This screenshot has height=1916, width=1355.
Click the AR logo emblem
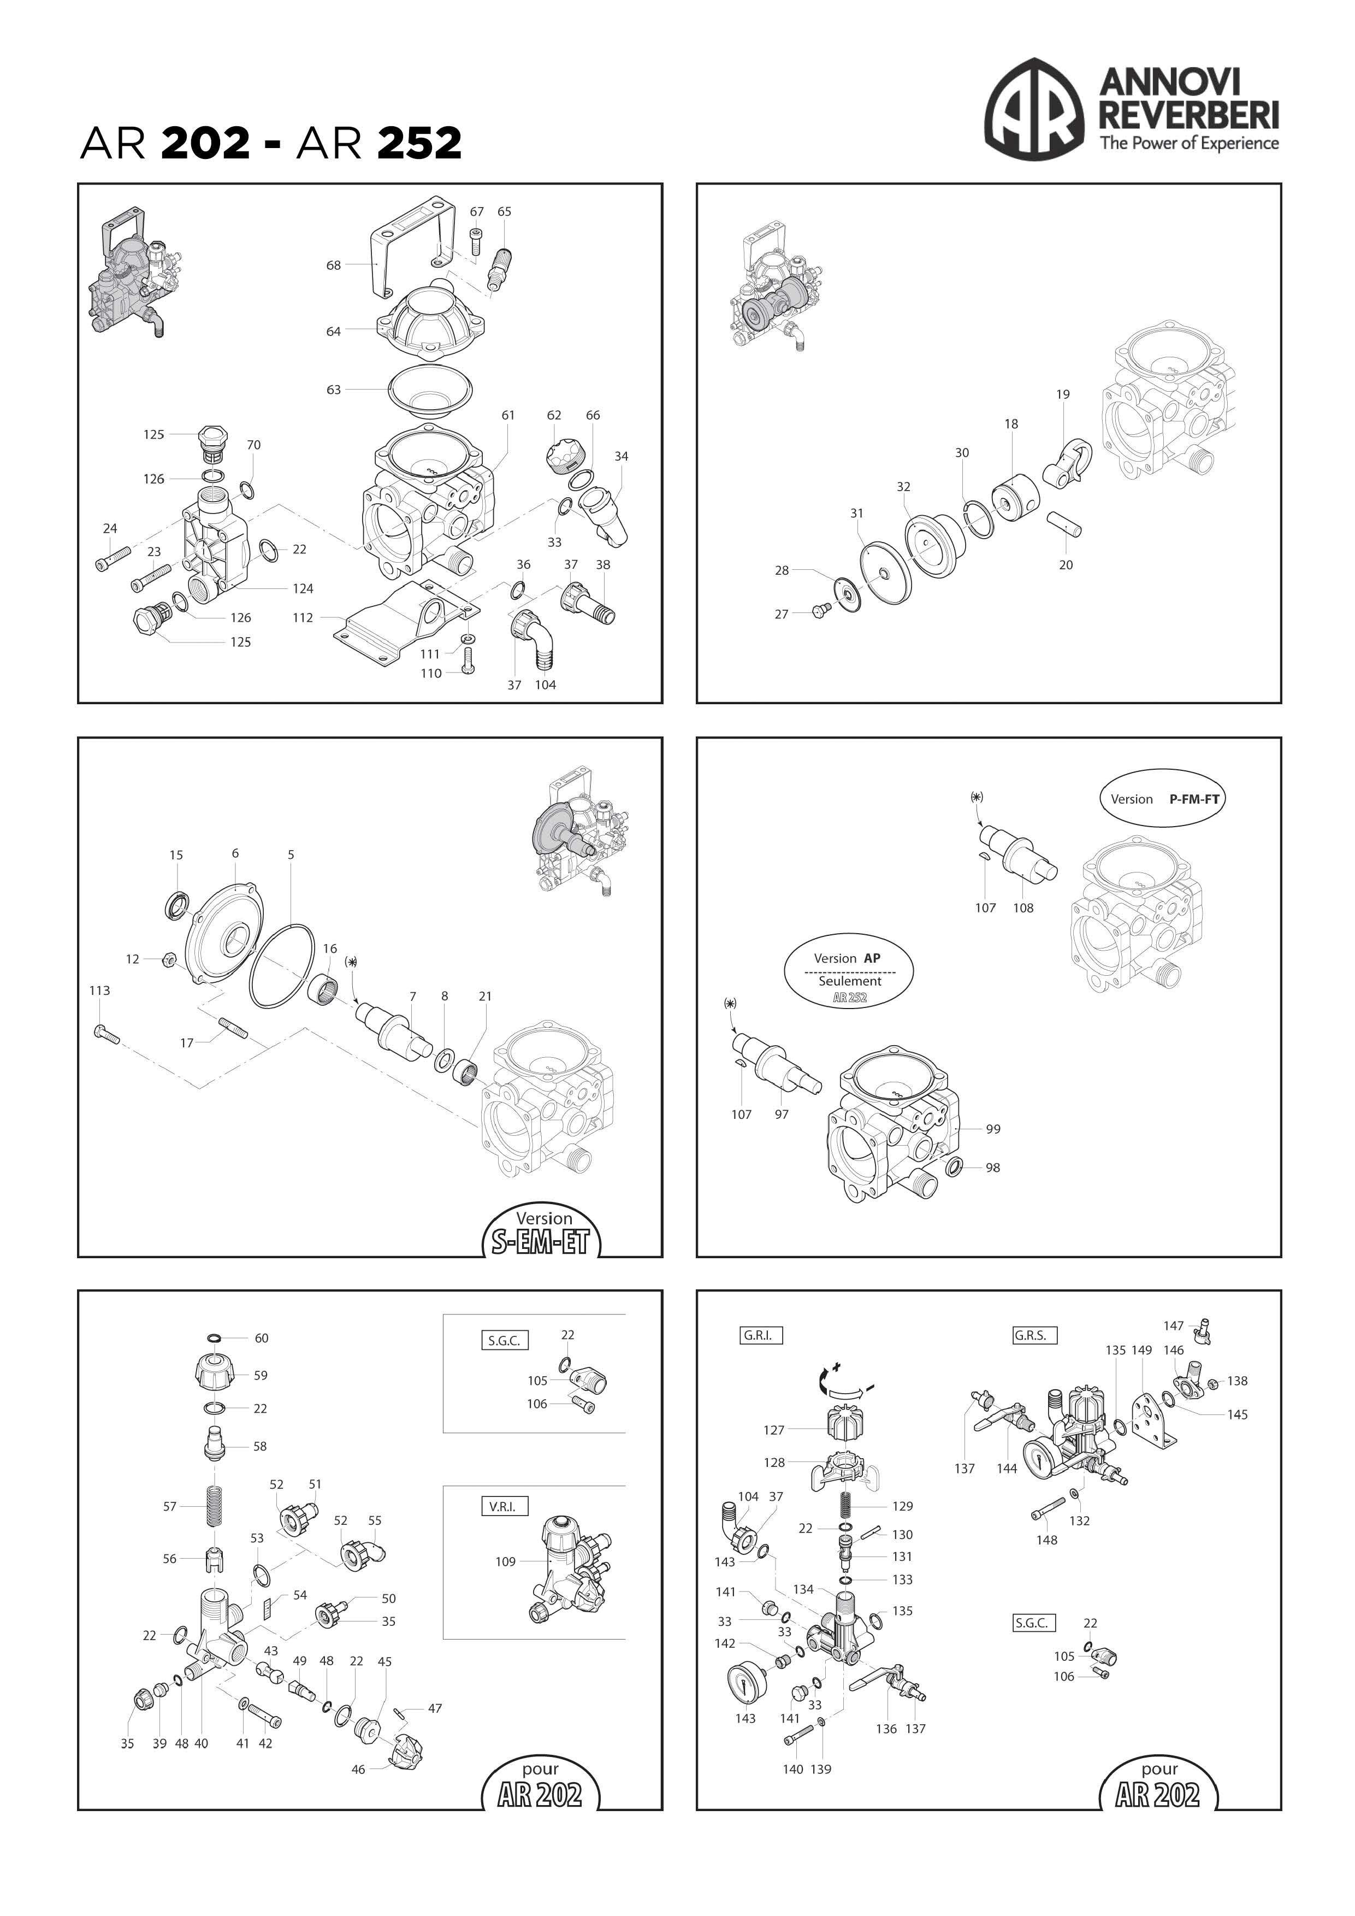(x=1034, y=109)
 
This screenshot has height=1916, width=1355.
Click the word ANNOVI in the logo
(x=1170, y=82)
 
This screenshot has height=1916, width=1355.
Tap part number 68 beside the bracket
(x=334, y=266)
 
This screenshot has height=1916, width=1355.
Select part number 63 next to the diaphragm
(x=334, y=390)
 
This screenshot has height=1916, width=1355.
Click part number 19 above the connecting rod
(x=1062, y=394)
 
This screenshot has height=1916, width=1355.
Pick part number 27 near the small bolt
(x=781, y=614)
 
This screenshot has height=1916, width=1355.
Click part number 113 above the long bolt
(x=99, y=991)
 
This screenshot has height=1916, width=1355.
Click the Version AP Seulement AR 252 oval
(x=849, y=970)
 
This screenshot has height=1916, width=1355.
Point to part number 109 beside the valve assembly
(x=506, y=1561)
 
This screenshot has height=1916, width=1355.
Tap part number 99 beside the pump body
(x=993, y=1129)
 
